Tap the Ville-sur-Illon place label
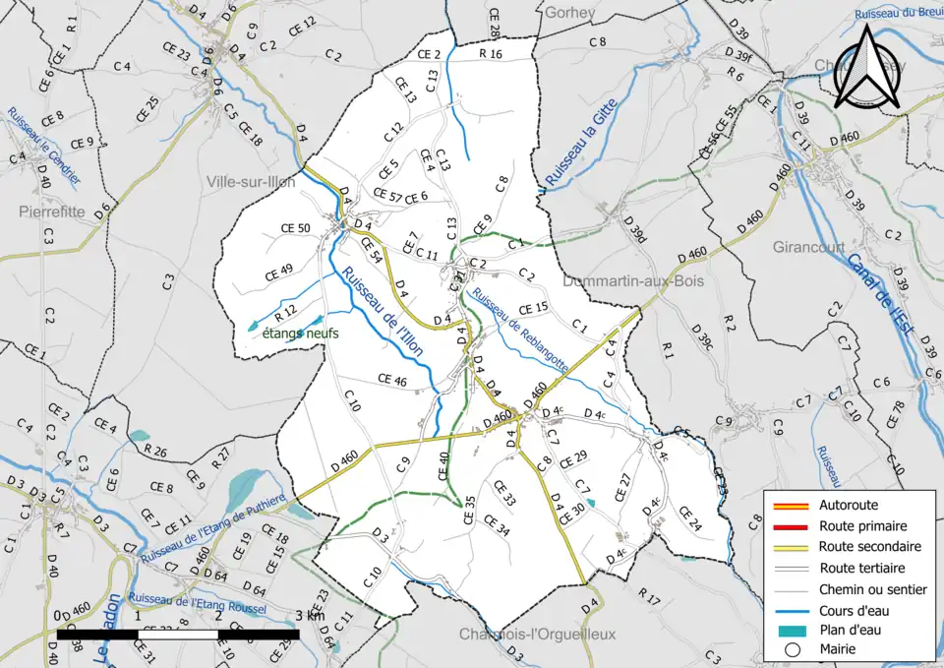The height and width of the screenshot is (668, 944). tap(252, 181)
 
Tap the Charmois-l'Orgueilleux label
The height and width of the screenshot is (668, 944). tap(537, 634)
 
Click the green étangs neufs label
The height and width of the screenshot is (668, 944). tap(300, 334)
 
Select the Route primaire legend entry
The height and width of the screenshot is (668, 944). tap(862, 526)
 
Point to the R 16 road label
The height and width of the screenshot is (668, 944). tap(490, 54)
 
